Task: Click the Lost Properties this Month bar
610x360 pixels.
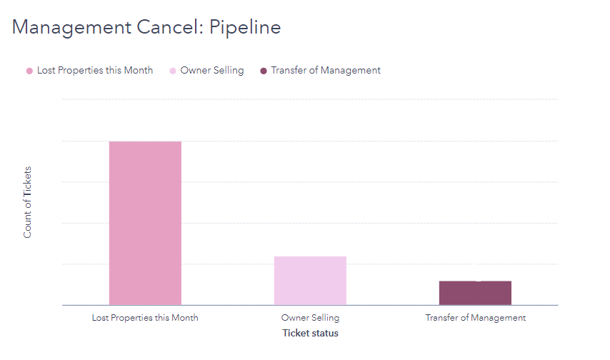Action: tap(145, 223)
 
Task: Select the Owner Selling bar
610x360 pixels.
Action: tap(310, 280)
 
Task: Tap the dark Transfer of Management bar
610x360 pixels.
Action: tap(475, 293)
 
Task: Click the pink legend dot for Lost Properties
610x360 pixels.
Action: tap(29, 71)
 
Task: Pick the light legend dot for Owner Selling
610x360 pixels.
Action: tap(173, 71)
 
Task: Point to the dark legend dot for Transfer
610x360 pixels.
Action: tap(264, 71)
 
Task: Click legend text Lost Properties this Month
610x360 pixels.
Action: tap(94, 71)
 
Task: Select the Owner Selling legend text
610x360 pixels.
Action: tap(212, 71)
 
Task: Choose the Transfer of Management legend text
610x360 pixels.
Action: tap(326, 71)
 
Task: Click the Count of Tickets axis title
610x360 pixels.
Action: tap(28, 202)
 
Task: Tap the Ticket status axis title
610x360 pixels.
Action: tap(310, 334)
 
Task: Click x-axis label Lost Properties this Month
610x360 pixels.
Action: tap(145, 318)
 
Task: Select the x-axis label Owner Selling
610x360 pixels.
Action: tap(310, 318)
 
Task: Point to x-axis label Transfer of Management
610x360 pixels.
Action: tap(475, 318)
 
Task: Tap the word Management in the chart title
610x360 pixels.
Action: tap(69, 27)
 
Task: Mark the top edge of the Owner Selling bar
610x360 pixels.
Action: tap(310, 257)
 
